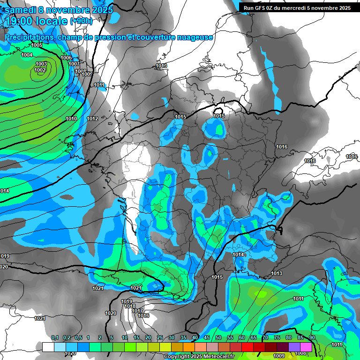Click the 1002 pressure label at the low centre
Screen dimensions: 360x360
click(40, 70)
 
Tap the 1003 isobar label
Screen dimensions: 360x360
click(41, 64)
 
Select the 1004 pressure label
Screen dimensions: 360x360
click(27, 55)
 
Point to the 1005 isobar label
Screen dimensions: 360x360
click(37, 45)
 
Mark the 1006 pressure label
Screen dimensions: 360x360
click(67, 58)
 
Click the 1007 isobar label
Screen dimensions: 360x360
click(74, 64)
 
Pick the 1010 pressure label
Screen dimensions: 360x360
click(71, 119)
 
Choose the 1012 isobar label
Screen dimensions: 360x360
click(92, 119)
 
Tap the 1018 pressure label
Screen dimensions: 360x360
click(130, 306)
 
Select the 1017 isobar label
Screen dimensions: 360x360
click(137, 311)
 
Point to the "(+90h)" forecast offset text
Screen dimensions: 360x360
click(82, 21)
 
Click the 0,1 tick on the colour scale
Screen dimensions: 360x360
click(55, 337)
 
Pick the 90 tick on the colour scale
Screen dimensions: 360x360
click(312, 337)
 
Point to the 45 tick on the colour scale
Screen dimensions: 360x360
click(207, 337)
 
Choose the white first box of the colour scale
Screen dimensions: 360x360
click(48, 347)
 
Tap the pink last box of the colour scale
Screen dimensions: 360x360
click(306, 347)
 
